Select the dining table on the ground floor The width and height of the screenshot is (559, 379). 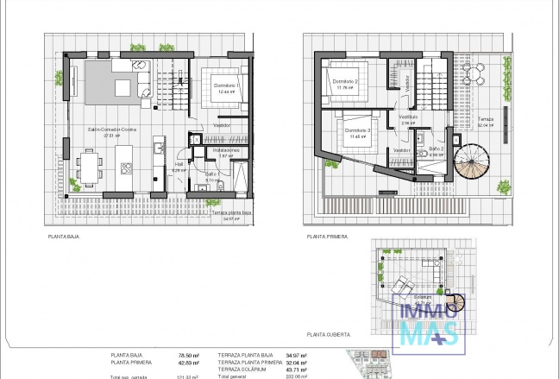tap(90, 163)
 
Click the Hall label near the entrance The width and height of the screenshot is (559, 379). tap(179, 163)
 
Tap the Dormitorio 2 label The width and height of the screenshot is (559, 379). tap(345, 82)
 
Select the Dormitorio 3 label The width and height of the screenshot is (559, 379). tap(355, 130)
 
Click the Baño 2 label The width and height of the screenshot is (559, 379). tap(436, 148)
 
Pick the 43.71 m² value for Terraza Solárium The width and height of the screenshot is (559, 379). tap(297, 370)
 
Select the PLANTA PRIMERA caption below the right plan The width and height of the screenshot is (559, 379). tap(324, 235)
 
